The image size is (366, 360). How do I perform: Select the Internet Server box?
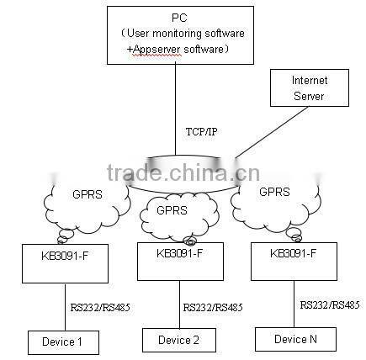309,87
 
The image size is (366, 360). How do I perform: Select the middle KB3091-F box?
179,262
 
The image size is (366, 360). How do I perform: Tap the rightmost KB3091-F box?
293,261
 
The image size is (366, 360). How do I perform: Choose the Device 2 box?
178,339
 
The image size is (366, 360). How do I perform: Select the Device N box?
295,338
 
